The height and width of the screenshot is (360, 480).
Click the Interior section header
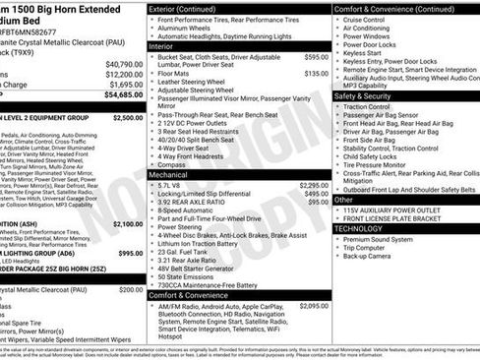click(161, 46)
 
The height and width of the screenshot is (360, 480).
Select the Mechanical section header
click(169, 174)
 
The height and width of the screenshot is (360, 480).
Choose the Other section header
click(344, 199)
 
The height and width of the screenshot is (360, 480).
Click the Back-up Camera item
click(372, 256)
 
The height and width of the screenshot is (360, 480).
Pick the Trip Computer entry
click(369, 247)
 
